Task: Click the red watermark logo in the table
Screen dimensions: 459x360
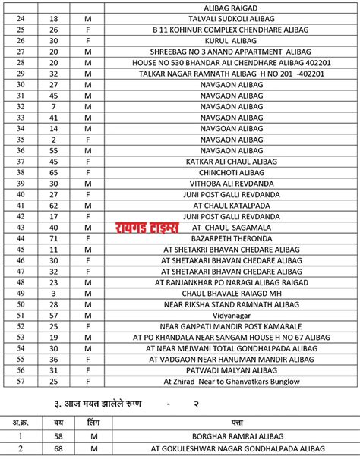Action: (x=147, y=228)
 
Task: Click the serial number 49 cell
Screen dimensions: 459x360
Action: (x=21, y=293)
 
